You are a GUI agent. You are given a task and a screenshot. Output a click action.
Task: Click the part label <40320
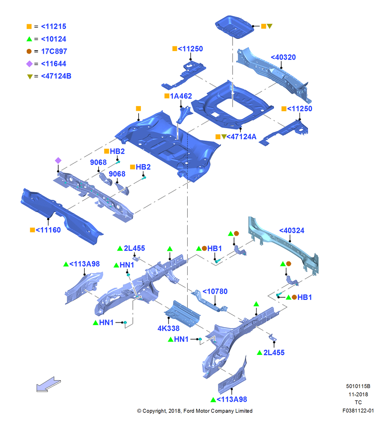pyautogui.click(x=283, y=58)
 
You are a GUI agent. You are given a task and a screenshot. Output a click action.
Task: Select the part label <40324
pyautogui.click(x=292, y=230)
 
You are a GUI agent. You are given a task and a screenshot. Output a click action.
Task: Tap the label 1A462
pyautogui.click(x=181, y=96)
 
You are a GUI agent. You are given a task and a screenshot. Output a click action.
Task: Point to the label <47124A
pyautogui.click(x=241, y=137)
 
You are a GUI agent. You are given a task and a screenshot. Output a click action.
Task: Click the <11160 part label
pyautogui.click(x=48, y=230)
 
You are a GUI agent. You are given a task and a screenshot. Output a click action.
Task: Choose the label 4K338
pyautogui.click(x=168, y=328)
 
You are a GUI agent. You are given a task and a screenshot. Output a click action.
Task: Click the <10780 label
pyautogui.click(x=215, y=291)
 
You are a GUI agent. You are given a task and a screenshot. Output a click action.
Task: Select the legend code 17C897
pyautogui.click(x=54, y=52)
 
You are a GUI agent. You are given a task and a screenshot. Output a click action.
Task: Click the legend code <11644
pyautogui.click(x=54, y=64)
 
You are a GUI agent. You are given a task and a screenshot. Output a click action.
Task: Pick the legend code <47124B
pyautogui.click(x=56, y=76)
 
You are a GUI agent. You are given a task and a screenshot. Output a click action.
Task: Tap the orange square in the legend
pyautogui.click(x=29, y=26)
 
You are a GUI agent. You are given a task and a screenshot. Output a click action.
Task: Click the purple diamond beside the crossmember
pyautogui.click(x=58, y=161)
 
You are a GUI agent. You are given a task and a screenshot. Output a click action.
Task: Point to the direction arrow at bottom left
pyautogui.click(x=48, y=384)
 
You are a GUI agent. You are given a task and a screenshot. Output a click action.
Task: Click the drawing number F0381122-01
pyautogui.click(x=358, y=411)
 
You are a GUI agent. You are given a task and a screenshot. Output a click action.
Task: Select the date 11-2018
pyautogui.click(x=358, y=394)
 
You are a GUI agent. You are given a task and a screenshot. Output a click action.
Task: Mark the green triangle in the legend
pyautogui.click(x=29, y=39)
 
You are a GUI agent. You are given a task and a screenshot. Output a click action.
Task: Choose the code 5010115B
pyautogui.click(x=358, y=386)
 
